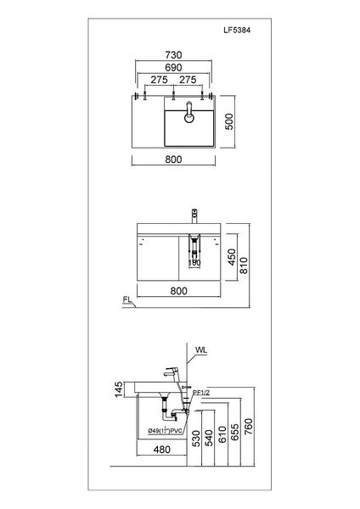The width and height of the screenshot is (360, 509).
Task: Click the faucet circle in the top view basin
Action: click(x=188, y=109)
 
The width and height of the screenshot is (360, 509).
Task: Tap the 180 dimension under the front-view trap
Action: click(x=194, y=262)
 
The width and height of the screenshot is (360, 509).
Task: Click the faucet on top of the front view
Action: click(x=194, y=213)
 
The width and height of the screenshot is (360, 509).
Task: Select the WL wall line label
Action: click(x=201, y=349)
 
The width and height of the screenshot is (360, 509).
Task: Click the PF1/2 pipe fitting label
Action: click(x=201, y=392)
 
